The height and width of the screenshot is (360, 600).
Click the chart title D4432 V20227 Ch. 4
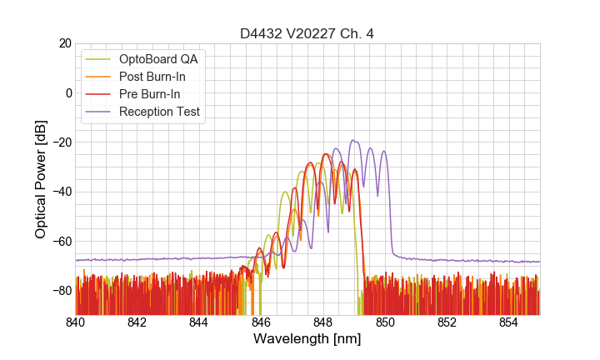point(307,33)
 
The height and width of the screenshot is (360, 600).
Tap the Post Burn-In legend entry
point(152,77)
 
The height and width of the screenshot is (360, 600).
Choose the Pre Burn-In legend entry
point(150,94)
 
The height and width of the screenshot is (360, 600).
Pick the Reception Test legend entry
point(159,112)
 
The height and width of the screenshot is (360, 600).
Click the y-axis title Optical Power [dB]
point(41,179)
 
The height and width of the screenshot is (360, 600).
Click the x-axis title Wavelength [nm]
point(307,339)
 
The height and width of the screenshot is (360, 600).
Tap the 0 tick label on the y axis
point(67,92)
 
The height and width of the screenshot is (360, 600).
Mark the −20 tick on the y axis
point(61,142)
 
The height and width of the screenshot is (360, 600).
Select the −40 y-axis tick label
point(61,192)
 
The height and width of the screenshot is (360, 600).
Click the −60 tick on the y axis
point(61,241)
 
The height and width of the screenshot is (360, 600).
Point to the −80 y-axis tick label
point(61,291)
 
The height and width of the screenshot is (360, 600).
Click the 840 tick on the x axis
point(76,322)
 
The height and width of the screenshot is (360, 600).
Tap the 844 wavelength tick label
point(199,322)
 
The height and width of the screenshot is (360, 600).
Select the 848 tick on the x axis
point(323,322)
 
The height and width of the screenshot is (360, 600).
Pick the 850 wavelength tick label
point(385,322)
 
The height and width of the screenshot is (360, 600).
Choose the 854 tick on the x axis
point(508,322)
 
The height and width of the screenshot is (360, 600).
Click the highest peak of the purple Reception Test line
point(353,140)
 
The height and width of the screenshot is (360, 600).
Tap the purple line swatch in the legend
point(99,112)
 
